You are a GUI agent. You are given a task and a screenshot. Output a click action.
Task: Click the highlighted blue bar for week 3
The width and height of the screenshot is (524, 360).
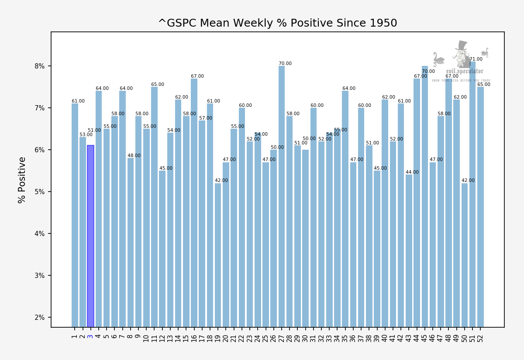pyautogui.click(x=90, y=236)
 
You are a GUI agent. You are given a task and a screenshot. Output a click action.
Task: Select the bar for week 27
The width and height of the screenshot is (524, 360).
pyautogui.click(x=282, y=196)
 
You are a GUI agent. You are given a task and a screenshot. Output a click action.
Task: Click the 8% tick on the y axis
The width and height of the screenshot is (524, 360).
pyautogui.click(x=40, y=66)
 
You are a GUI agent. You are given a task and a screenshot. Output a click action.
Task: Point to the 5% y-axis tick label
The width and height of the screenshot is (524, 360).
pyautogui.click(x=40, y=192)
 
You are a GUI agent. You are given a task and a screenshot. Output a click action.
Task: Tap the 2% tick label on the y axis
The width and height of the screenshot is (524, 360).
pyautogui.click(x=40, y=318)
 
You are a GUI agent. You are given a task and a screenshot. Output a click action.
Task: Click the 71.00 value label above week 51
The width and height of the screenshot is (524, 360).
pyautogui.click(x=476, y=59)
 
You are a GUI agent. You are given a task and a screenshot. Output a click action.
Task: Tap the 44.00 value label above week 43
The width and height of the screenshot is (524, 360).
pyautogui.click(x=412, y=172)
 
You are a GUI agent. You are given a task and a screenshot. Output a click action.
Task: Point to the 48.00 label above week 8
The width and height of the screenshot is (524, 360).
pyautogui.click(x=134, y=156)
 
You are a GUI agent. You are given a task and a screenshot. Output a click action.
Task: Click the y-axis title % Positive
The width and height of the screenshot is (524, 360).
pyautogui.click(x=22, y=180)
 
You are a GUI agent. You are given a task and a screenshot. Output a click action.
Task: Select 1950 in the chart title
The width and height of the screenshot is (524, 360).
pyautogui.click(x=384, y=23)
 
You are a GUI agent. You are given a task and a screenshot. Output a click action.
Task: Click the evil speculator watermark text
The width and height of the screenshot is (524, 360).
pyautogui.click(x=465, y=71)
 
